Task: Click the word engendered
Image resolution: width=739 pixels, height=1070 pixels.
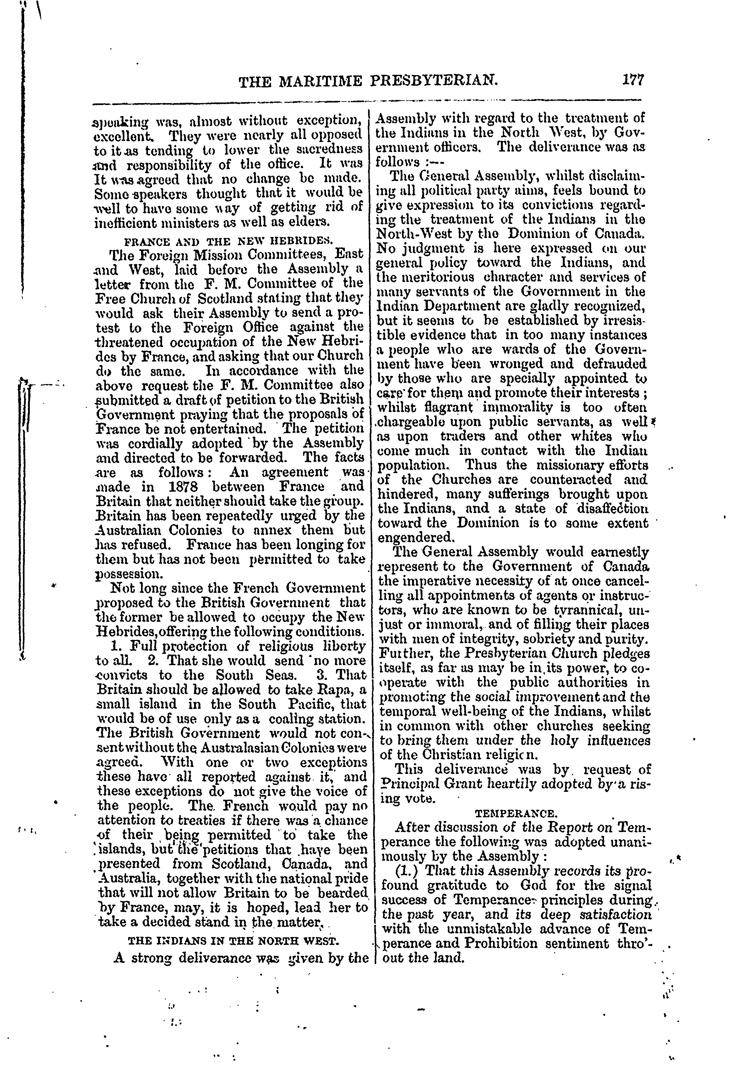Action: tap(415, 538)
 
